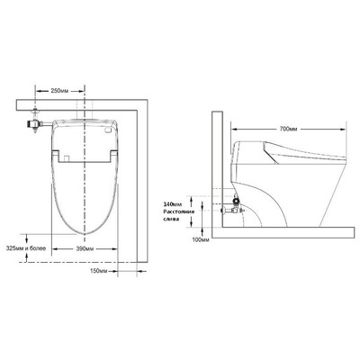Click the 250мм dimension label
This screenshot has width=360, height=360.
[59, 92]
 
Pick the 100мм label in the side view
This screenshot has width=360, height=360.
[199, 239]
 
